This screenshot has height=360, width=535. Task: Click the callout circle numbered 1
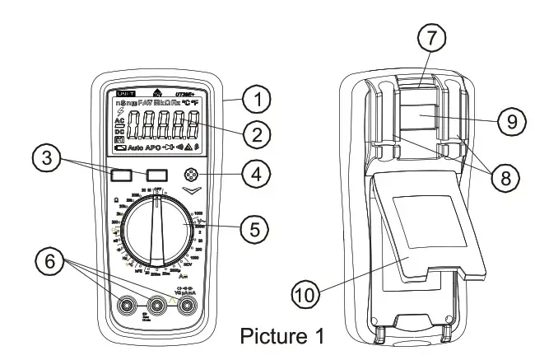click(259, 101)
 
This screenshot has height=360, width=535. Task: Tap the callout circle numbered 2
click(259, 133)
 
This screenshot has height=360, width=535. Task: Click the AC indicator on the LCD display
click(119, 121)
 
